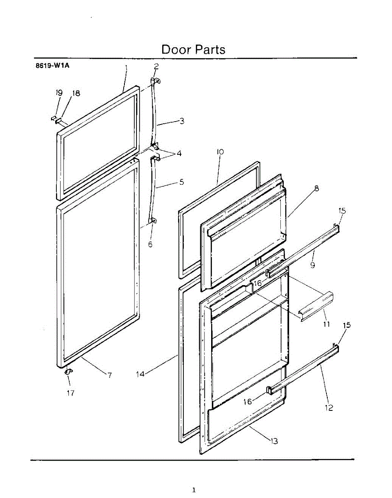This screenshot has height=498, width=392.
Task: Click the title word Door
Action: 175,49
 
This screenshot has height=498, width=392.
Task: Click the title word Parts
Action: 209,49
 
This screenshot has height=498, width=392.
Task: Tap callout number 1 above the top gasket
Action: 126,67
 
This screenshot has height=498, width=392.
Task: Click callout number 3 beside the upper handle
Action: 182,121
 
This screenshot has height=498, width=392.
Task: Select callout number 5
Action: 182,182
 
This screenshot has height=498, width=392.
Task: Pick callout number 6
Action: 150,244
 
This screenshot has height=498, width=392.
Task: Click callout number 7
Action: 110,375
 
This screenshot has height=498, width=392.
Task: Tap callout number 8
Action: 317,188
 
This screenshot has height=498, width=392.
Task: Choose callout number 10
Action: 220,152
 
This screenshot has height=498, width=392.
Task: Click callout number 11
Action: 326,324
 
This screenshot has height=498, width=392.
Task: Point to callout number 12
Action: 329,408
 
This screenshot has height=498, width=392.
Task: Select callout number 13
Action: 274,441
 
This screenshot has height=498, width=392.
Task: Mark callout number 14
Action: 141,374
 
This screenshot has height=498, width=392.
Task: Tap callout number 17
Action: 71,393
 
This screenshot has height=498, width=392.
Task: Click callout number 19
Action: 59,93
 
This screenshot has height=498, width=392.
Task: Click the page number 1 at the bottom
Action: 194,490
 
